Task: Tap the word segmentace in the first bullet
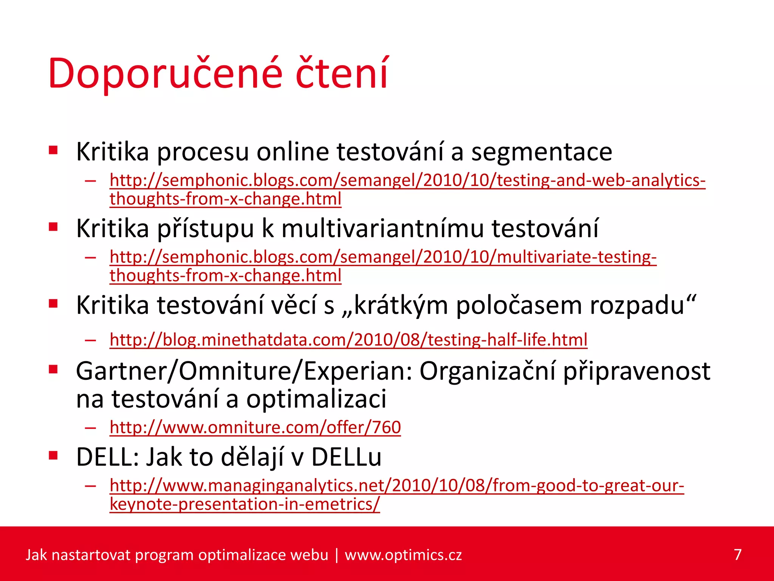(x=541, y=152)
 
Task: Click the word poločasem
(x=519, y=305)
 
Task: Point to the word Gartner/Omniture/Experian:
(x=244, y=371)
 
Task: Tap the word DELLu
(x=346, y=457)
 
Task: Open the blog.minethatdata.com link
(x=348, y=340)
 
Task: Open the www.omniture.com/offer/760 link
(x=255, y=427)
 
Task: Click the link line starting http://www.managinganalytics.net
(x=396, y=486)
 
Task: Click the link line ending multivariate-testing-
(x=383, y=257)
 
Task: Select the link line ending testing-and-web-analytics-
(x=407, y=180)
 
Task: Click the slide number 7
(x=738, y=555)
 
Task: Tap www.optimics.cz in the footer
(x=403, y=555)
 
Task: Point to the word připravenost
(x=636, y=372)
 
